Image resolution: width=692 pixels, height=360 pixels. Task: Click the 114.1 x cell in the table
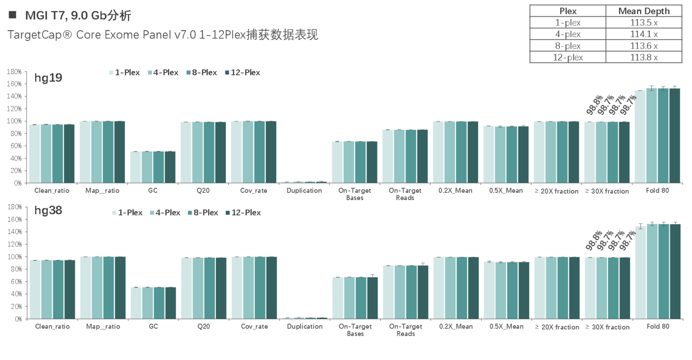(x=644, y=34)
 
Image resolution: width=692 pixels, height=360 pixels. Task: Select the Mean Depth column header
(x=644, y=11)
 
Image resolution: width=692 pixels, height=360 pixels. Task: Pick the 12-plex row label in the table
(x=568, y=57)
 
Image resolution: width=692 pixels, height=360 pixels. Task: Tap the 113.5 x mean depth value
(x=644, y=23)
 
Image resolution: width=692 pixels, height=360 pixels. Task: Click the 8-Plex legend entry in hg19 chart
(x=201, y=73)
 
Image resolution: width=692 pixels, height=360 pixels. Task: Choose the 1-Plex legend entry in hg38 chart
(x=127, y=213)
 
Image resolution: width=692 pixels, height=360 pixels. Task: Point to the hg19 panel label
(x=48, y=78)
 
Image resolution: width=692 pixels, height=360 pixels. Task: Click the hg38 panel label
(x=48, y=210)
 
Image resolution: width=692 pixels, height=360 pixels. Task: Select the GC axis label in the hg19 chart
(x=153, y=191)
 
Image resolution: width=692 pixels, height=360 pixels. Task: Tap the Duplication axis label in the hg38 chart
(x=305, y=327)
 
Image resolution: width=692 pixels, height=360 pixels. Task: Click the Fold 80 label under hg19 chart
(x=657, y=191)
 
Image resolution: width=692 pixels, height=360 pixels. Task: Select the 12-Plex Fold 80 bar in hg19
(x=674, y=135)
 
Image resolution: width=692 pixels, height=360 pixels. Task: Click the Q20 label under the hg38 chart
(x=204, y=327)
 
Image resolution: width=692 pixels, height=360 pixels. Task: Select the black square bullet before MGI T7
(x=12, y=15)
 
